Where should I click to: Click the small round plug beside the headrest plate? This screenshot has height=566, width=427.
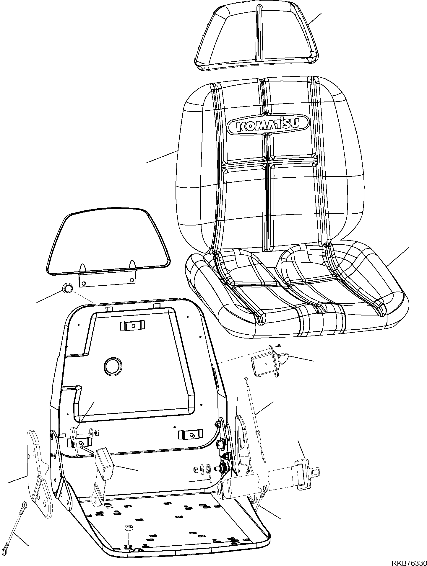coord(67,288)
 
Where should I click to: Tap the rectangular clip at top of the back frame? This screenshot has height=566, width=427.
coord(133,325)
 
